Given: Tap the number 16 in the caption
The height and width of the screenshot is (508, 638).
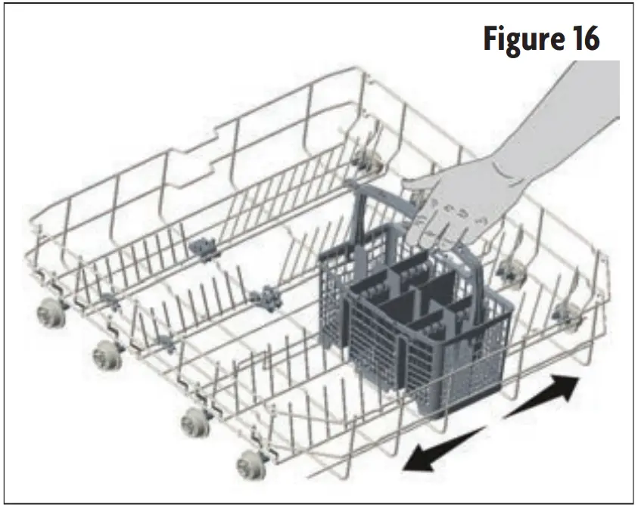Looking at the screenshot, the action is pos(583,39).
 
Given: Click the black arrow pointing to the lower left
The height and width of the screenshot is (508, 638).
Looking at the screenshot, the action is pos(443,448).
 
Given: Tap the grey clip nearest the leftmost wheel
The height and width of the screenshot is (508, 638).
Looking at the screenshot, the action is pos(107,300).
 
